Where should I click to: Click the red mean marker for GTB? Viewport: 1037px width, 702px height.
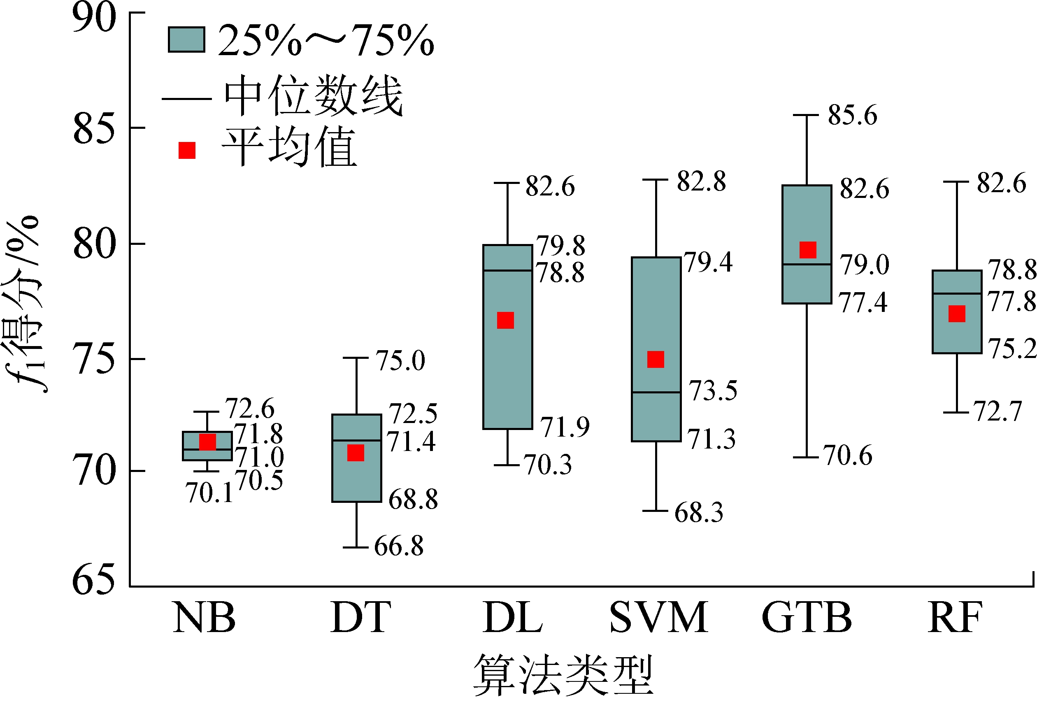coord(808,250)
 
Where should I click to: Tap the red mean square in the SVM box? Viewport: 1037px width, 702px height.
coord(656,359)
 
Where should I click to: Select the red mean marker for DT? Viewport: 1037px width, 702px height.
coord(356,453)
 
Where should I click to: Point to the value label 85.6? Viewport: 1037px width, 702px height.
coord(852,115)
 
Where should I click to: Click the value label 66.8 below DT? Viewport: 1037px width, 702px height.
coord(398,546)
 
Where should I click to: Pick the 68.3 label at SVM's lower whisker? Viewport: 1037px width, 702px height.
coord(698,512)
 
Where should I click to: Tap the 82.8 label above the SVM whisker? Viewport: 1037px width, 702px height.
coord(701,181)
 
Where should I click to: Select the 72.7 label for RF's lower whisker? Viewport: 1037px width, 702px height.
coord(998,411)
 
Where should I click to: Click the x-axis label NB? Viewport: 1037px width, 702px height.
coord(205,618)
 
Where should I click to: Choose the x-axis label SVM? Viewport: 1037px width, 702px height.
coord(658,618)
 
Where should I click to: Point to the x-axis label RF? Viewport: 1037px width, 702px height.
coord(955,618)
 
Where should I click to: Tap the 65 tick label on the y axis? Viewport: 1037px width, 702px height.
coord(94,580)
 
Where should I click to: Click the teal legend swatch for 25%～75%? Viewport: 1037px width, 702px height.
coord(186,40)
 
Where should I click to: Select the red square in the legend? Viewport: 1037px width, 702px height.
coord(187,150)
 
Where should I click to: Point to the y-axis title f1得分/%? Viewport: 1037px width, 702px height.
coord(25,303)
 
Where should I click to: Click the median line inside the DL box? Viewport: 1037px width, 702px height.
coord(508,270)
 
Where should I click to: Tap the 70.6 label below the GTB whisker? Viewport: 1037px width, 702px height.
coord(848,456)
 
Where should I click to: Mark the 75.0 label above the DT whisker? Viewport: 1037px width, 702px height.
coord(400,360)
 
